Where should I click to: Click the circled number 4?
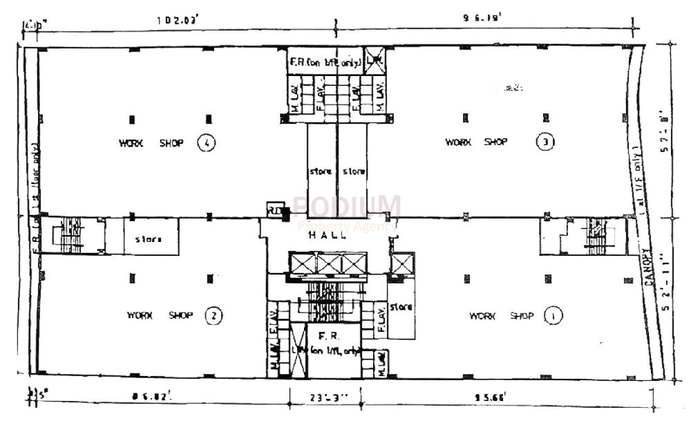tap(206, 143)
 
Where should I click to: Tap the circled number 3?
tap(545, 142)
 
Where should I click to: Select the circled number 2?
tap(214, 317)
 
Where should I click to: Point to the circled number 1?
tap(553, 316)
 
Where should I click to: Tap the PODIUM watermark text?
tap(346, 206)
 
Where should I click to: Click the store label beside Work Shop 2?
tap(149, 240)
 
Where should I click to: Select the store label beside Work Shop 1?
tap(401, 306)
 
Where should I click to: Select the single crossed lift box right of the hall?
tap(401, 263)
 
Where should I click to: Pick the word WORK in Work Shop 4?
tap(131, 143)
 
